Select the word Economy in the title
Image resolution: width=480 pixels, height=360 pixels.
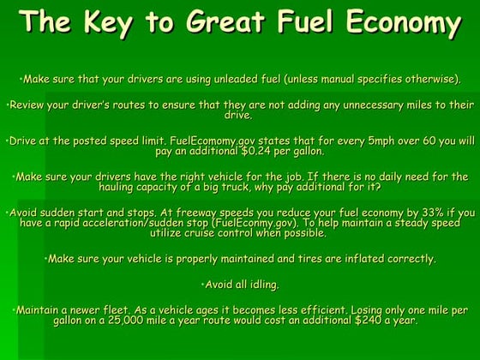(x=405, y=22)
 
